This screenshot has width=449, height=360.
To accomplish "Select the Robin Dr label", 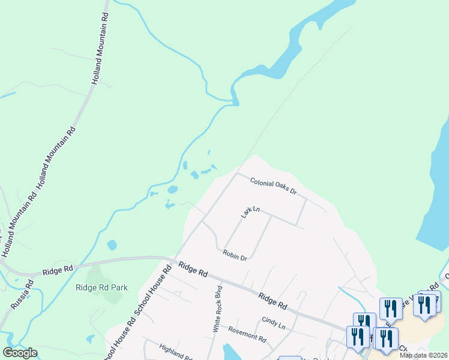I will tap(235, 256).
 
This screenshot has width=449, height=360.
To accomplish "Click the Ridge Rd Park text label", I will tap(102, 287).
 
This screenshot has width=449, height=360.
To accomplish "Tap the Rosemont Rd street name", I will tap(247, 334).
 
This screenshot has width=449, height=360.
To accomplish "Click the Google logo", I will tap(20, 353).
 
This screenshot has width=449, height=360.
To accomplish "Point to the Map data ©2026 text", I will tap(423, 355).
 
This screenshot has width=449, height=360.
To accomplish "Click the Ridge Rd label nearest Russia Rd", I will tap(58, 271).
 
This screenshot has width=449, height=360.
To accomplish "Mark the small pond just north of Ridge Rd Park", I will tap(112, 245).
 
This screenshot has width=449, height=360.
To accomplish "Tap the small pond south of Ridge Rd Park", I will tap(90, 339).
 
